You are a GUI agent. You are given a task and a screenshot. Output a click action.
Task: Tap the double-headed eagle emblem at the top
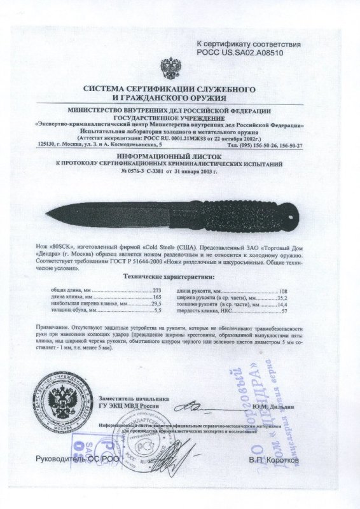(171, 67)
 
